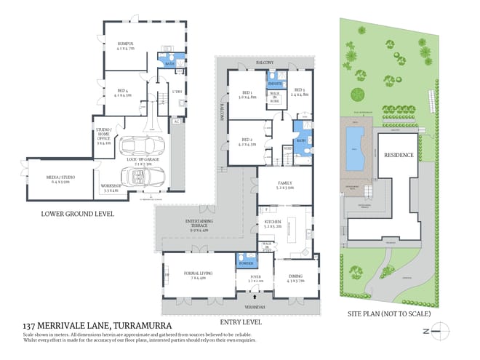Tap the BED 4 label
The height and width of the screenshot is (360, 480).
122,92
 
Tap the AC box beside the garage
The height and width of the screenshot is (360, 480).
176,121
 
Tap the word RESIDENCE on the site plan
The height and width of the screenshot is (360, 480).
399,155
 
